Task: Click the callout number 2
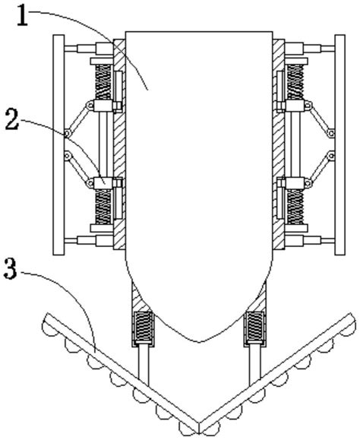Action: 12,120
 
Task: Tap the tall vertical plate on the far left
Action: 58,145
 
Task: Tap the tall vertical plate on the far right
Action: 340,145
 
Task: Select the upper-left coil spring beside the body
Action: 103,82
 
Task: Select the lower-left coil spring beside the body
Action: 103,207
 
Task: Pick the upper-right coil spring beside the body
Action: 295,82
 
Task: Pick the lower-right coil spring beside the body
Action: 295,207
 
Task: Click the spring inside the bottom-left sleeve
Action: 143,326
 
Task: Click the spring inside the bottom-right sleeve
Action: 254,326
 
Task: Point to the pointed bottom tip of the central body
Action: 199,342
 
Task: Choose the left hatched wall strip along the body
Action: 119,144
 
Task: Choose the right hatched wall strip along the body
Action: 279,144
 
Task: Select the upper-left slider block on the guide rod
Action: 103,106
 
